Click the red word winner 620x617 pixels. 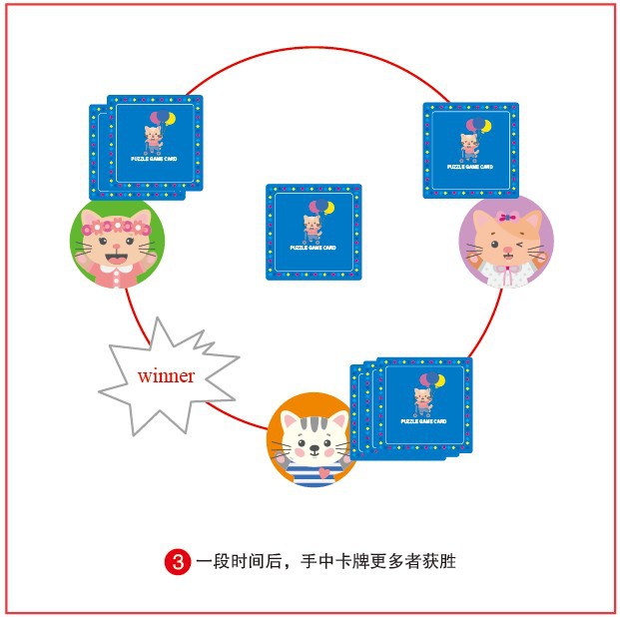tap(166, 376)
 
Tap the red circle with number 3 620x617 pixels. tap(177, 561)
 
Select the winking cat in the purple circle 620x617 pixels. tap(506, 243)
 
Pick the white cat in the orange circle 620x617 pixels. tap(314, 439)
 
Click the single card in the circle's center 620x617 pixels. tap(313, 231)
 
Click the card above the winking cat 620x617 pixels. tap(470, 149)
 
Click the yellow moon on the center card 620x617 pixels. tap(324, 208)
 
